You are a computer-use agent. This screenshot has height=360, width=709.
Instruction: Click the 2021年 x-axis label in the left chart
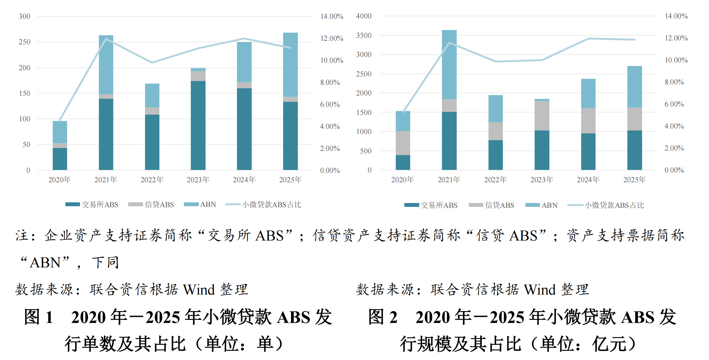106,180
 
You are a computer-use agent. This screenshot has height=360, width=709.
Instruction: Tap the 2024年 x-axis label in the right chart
588,180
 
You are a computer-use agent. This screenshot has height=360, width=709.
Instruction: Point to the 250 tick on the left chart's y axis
25,42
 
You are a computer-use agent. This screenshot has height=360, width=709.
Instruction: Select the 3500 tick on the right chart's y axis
364,35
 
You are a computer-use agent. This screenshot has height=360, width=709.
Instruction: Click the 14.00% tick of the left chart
332,17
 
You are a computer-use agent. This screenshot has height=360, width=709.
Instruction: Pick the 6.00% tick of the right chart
674,104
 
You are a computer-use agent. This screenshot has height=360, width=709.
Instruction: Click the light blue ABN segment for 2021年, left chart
106,65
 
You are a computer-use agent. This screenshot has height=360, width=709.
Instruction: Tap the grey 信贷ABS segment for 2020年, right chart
403,143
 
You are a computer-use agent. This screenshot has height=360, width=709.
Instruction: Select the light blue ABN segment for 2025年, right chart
635,87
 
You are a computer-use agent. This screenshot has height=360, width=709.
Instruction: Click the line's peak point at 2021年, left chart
106,39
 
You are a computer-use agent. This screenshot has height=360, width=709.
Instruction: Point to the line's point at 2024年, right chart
588,39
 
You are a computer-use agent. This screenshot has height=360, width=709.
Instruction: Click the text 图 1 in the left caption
39,317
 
